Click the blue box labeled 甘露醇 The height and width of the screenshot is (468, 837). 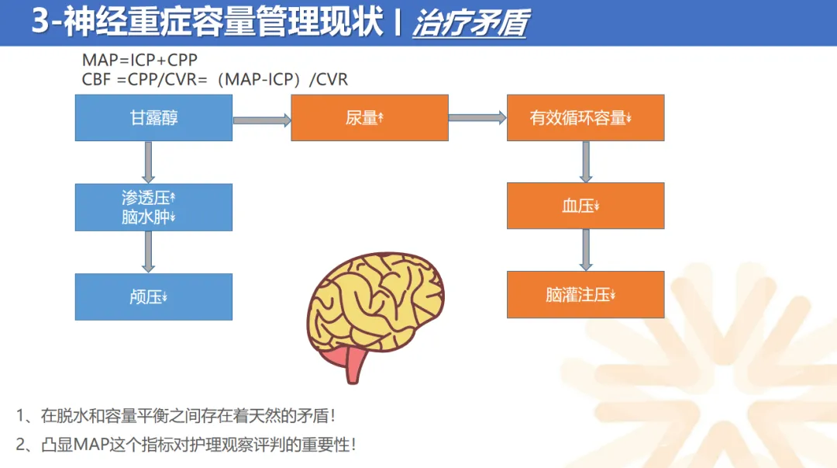coord(153,118)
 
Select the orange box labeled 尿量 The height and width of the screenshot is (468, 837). coord(369,118)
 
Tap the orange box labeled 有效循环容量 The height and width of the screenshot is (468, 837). coord(585,118)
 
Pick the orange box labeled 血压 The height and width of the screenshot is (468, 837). coord(585,206)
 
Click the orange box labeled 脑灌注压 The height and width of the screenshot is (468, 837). coord(585,295)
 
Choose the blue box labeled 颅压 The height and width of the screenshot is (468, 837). coord(153,296)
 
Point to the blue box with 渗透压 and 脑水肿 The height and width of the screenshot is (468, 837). coord(153,207)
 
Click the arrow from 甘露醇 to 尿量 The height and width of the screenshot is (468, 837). coord(261,120)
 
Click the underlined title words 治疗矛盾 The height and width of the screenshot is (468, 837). coord(470,24)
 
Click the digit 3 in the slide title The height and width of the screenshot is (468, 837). coord(40,23)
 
